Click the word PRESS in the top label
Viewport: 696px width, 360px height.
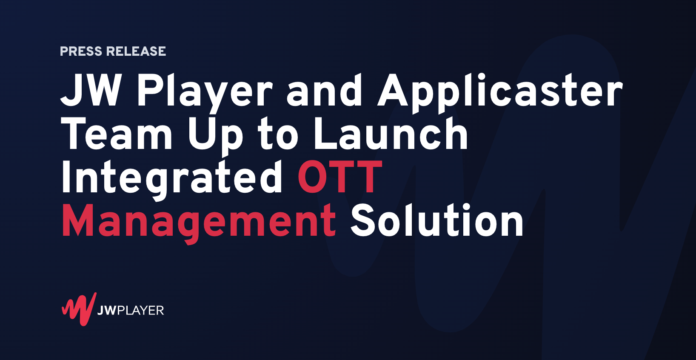[81, 51]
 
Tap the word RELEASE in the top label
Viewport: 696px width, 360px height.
[136, 51]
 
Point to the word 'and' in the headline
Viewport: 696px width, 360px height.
[324, 90]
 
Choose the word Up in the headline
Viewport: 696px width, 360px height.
[215, 137]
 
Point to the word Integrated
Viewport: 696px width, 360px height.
[172, 180]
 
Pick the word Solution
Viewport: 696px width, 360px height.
[437, 220]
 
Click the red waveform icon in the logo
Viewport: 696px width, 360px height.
[79, 309]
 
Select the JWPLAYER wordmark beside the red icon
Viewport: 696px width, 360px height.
[131, 310]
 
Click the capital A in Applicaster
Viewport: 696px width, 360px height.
[392, 90]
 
